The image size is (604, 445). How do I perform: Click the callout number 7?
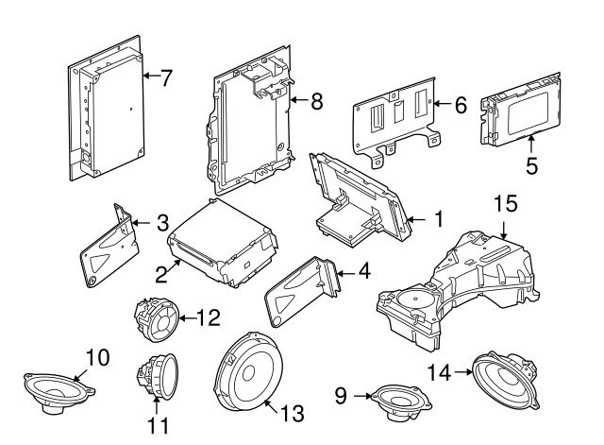pos(166,78)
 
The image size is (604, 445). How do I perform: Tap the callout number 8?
pos(316,101)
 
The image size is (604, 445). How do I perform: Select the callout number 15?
pos(507,202)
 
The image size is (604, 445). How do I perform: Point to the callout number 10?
pos(98,358)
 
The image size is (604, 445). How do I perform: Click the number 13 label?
pos(294,412)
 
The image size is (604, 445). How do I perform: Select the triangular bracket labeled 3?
pos(106,248)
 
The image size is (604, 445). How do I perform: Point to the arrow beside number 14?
pos(463,371)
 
